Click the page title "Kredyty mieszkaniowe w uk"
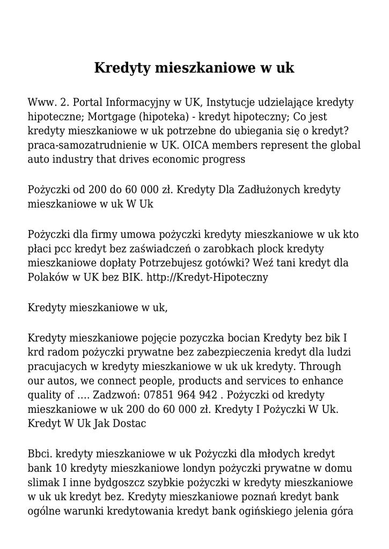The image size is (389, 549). [x=194, y=68]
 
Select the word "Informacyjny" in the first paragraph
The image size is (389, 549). [x=140, y=102]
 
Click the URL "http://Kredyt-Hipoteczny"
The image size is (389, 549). [x=207, y=277]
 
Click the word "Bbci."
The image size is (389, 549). [x=39, y=454]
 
